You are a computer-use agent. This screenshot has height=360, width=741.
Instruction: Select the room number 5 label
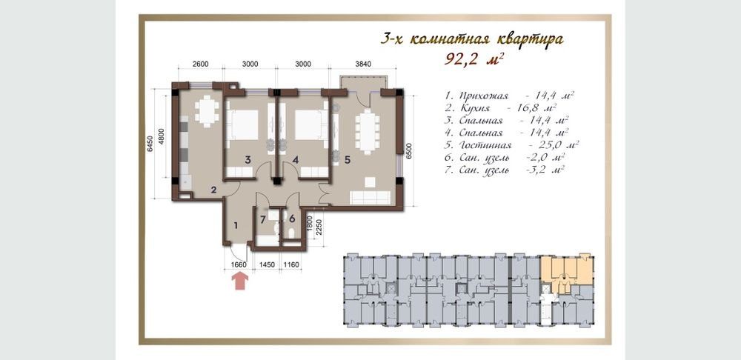pos(348,160)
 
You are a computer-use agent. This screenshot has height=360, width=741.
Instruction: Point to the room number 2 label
pos(213,190)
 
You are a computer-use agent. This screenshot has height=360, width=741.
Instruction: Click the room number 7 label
pos(263,219)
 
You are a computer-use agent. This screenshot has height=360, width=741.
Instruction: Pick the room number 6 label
pos(291,219)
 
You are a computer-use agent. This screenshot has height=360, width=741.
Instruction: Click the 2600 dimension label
pos(200,64)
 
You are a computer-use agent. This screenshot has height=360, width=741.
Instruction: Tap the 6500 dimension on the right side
pos(411,153)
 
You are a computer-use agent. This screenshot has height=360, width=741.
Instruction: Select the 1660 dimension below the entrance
pos(239,265)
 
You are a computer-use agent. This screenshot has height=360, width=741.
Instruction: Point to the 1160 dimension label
pos(291,265)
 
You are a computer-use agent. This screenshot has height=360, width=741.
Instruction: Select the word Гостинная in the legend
pos(485,145)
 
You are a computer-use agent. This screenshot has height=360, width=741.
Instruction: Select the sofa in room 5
pos(370,198)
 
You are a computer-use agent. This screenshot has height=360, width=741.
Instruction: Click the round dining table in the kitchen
pos(207,112)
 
